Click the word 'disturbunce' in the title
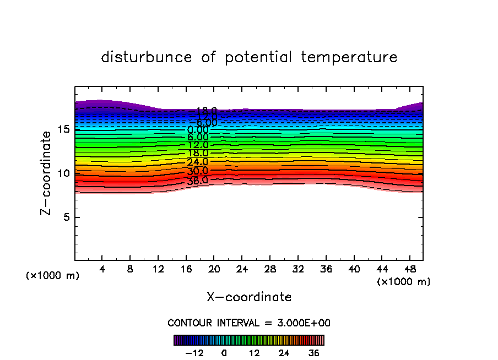click(x=147, y=57)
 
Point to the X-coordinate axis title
click(x=249, y=297)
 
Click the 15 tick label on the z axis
click(x=63, y=129)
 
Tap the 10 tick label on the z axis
click(x=63, y=173)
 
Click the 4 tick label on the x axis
click(x=102, y=269)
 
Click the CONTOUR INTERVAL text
click(x=249, y=323)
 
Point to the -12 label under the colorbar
click(x=194, y=353)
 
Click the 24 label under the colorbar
click(x=284, y=353)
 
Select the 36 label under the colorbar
click(x=314, y=353)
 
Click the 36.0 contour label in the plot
click(x=198, y=180)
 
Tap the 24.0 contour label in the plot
click(x=198, y=162)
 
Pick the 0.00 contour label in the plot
click(x=198, y=130)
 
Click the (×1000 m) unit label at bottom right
click(x=404, y=282)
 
